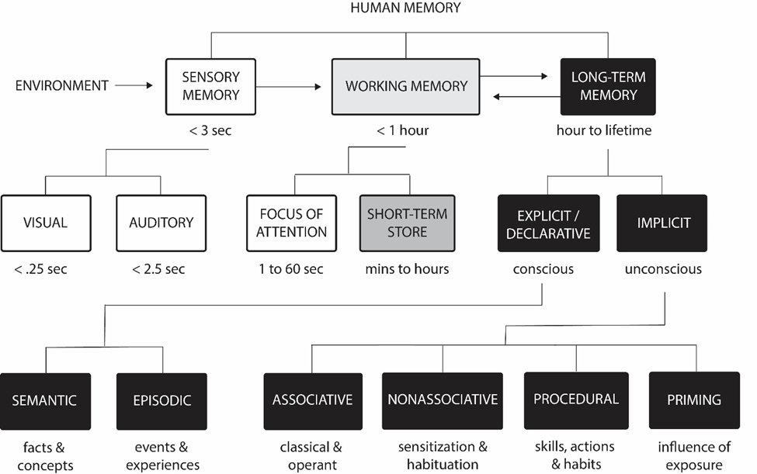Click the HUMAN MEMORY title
tap(405, 9)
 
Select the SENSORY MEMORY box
tap(210, 86)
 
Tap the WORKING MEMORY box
tap(406, 85)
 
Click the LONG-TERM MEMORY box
tap(608, 86)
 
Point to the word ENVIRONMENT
tap(62, 86)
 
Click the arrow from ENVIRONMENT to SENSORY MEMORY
tap(139, 86)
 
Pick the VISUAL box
tap(46, 223)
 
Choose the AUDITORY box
tap(161, 223)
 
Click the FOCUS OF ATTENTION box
tap(292, 223)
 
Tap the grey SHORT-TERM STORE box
tap(406, 223)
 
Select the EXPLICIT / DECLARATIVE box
tap(548, 223)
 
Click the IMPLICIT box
tap(662, 223)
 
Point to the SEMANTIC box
tap(46, 401)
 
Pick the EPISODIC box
tap(161, 401)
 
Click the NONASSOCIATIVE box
tap(443, 400)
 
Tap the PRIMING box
tap(694, 400)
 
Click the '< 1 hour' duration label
tap(403, 131)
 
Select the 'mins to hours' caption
tap(406, 270)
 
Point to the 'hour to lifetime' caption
tap(604, 131)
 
